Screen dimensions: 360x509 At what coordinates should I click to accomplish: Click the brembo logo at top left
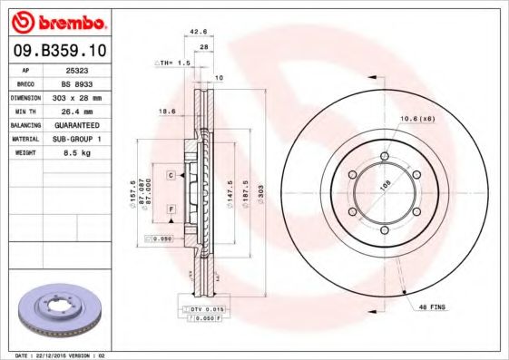click(x=57, y=21)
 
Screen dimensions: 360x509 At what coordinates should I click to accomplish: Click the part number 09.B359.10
click(x=56, y=51)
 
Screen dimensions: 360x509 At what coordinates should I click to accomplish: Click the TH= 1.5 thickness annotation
click(x=172, y=64)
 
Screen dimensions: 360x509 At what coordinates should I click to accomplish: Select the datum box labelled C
click(x=170, y=173)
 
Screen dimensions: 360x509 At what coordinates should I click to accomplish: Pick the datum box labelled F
click(x=170, y=209)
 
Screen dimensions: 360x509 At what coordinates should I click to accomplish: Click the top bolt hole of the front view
click(x=384, y=158)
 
